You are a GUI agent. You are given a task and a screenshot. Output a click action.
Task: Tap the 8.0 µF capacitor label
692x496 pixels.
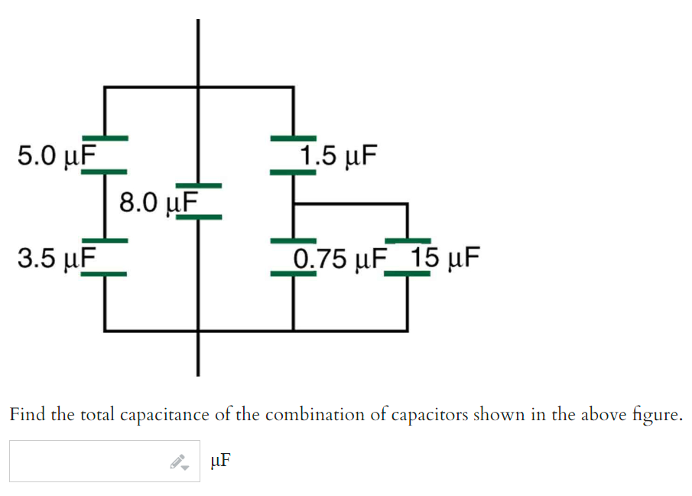coord(158,202)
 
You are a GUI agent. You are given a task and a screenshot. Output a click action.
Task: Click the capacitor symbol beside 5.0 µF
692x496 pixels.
coord(105,155)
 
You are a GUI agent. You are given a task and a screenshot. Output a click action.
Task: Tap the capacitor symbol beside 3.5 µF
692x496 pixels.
coord(105,256)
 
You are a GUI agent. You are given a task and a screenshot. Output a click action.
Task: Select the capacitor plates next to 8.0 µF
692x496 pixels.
coord(199,201)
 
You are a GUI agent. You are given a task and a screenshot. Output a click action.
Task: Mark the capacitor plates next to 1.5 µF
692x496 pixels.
coord(293,155)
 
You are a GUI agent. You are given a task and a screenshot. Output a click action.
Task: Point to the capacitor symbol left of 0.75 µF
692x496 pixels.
coord(293,256)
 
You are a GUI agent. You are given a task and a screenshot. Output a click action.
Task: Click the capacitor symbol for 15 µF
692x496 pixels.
coord(407,256)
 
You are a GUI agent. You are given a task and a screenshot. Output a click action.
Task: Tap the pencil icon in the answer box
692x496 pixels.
coord(179,462)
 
